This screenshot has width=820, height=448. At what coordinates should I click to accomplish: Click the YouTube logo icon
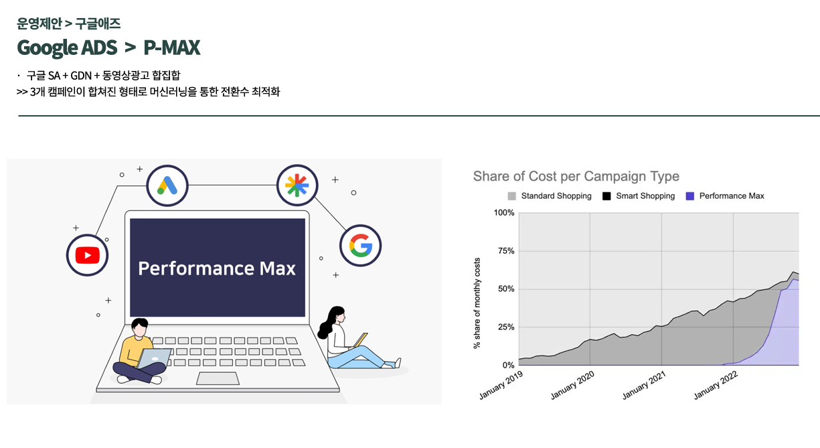pyautogui.click(x=87, y=255)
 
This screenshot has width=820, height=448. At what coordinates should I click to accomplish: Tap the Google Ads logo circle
pyautogui.click(x=167, y=185)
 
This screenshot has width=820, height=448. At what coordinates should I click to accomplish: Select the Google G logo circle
pyautogui.click(x=361, y=246)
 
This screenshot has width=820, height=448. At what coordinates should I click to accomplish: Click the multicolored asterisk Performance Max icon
pyautogui.click(x=297, y=185)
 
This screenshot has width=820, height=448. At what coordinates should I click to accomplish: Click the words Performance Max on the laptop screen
pyautogui.click(x=217, y=268)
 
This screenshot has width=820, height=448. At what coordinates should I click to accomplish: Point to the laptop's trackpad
pyautogui.click(x=218, y=378)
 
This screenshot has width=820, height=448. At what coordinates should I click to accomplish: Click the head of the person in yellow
pyautogui.click(x=139, y=327)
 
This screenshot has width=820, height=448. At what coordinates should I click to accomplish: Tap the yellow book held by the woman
pyautogui.click(x=361, y=340)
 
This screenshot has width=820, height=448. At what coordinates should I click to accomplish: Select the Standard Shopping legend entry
pyautogui.click(x=550, y=196)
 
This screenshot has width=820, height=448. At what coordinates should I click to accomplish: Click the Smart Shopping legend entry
pyautogui.click(x=639, y=196)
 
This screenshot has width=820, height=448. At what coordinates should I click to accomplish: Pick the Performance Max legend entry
pyautogui.click(x=725, y=196)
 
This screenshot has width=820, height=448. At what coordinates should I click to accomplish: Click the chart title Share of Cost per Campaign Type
pyautogui.click(x=576, y=176)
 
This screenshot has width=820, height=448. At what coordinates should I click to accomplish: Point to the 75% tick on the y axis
pyautogui.click(x=506, y=251)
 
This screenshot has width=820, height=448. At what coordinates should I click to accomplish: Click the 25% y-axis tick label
pyautogui.click(x=506, y=327)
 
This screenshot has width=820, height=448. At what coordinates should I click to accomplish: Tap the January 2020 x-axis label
pyautogui.click(x=572, y=384)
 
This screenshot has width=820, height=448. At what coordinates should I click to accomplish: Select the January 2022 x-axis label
pyautogui.click(x=716, y=384)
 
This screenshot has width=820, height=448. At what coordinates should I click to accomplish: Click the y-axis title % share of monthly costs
pyautogui.click(x=477, y=303)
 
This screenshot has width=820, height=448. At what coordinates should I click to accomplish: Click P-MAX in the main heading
pyautogui.click(x=171, y=48)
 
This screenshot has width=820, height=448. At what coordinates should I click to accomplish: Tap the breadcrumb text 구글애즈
pyautogui.click(x=98, y=23)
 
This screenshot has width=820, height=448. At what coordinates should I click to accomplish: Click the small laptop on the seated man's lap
pyautogui.click(x=154, y=358)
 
